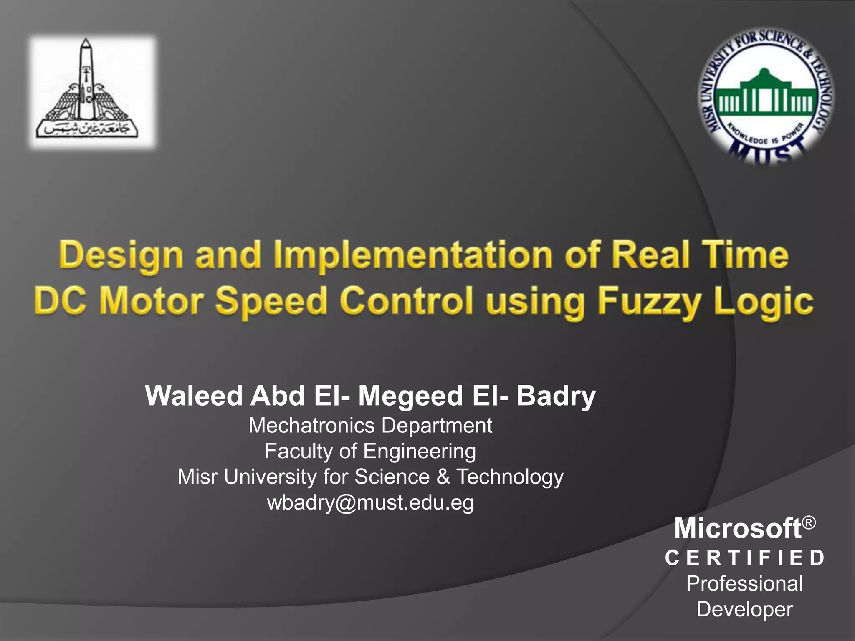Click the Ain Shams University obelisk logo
coord(92,92)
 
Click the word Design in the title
coord(121,255)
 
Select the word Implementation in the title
coord(413,255)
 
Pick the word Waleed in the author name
coord(194,396)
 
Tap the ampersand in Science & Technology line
coord(443,477)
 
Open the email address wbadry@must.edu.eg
coord(370,502)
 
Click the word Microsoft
coord(738,528)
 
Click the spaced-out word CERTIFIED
coord(745,558)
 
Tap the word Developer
coord(745,609)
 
